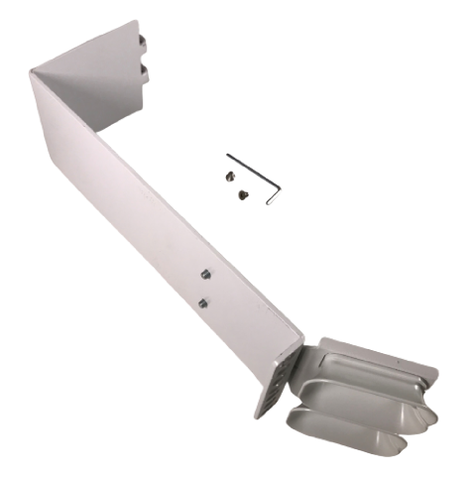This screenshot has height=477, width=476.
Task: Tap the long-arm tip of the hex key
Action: click(x=228, y=156)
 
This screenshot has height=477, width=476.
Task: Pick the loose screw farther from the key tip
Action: click(x=241, y=195)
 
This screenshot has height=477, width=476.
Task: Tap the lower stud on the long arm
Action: click(x=202, y=301)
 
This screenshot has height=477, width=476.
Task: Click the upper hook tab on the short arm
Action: click(x=145, y=41)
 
